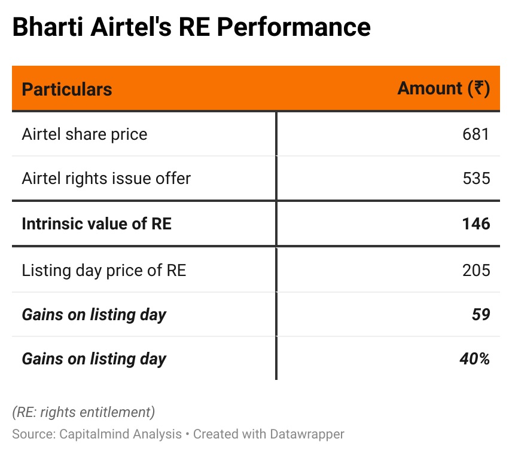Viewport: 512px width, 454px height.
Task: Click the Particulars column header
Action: pyautogui.click(x=67, y=90)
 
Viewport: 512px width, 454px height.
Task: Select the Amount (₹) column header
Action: pyautogui.click(x=443, y=88)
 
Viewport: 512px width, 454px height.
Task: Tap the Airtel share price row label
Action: pyautogui.click(x=84, y=134)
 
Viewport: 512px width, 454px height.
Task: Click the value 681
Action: pyautogui.click(x=476, y=134)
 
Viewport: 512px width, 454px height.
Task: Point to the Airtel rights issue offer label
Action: pyautogui.click(x=106, y=178)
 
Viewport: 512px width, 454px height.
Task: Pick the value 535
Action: pyautogui.click(x=476, y=178)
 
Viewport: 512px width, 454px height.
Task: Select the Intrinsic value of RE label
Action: pyautogui.click(x=97, y=223)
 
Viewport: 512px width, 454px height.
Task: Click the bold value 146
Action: pyautogui.click(x=476, y=223)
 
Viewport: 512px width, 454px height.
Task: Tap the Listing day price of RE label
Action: pyautogui.click(x=104, y=270)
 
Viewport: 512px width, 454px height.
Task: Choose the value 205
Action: pyautogui.click(x=476, y=270)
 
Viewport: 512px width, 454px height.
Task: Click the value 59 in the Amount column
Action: pyautogui.click(x=481, y=314)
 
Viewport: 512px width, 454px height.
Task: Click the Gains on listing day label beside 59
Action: pyautogui.click(x=94, y=314)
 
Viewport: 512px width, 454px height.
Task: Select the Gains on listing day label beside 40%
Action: pyautogui.click(x=94, y=358)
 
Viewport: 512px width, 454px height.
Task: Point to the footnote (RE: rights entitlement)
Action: pyautogui.click(x=84, y=412)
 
